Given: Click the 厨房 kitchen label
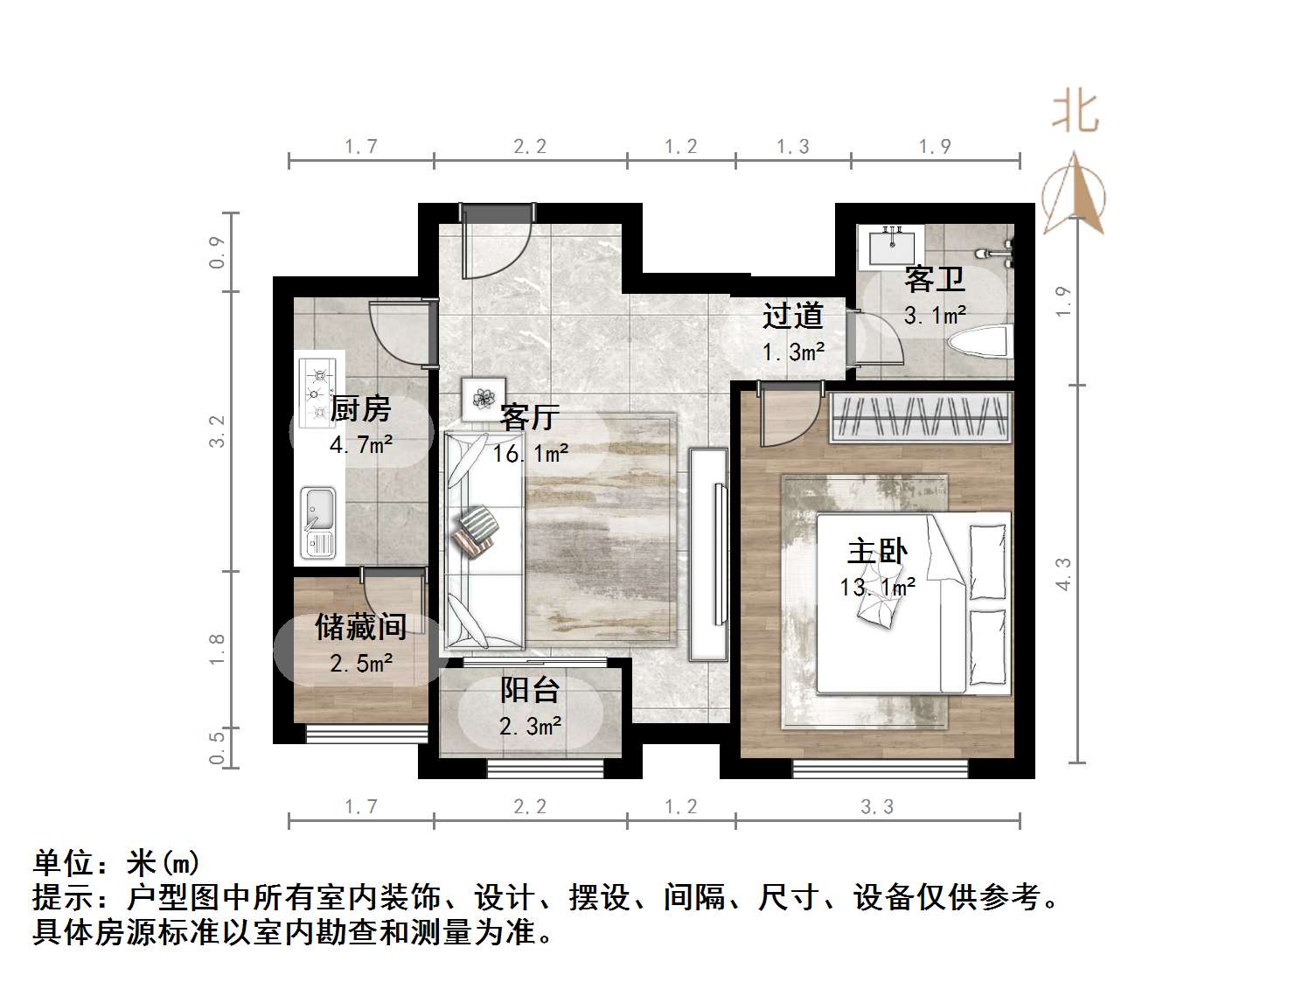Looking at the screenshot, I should click(x=360, y=409).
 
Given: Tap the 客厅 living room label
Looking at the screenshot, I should click(x=529, y=417).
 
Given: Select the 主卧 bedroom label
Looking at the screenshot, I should click(x=877, y=552).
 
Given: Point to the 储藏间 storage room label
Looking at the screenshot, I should click(x=360, y=627).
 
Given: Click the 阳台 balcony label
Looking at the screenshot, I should click(x=530, y=690).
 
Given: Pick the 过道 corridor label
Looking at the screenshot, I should click(x=792, y=316).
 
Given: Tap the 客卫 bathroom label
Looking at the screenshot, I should click(x=934, y=280).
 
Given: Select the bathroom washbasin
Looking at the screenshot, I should click(x=890, y=246).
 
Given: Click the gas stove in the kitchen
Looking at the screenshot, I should click(x=318, y=389).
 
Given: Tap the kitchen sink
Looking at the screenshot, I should click(x=317, y=522).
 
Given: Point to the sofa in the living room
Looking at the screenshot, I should click(x=484, y=540).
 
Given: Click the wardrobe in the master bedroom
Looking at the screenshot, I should click(x=922, y=416).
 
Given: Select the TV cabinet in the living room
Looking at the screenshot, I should click(x=708, y=554).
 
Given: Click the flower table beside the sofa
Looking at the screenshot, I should click(x=484, y=398).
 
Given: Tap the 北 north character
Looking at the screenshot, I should click(x=1075, y=113).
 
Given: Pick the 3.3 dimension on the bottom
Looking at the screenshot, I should click(x=877, y=807).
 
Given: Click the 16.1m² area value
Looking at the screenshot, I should click(x=530, y=454).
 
